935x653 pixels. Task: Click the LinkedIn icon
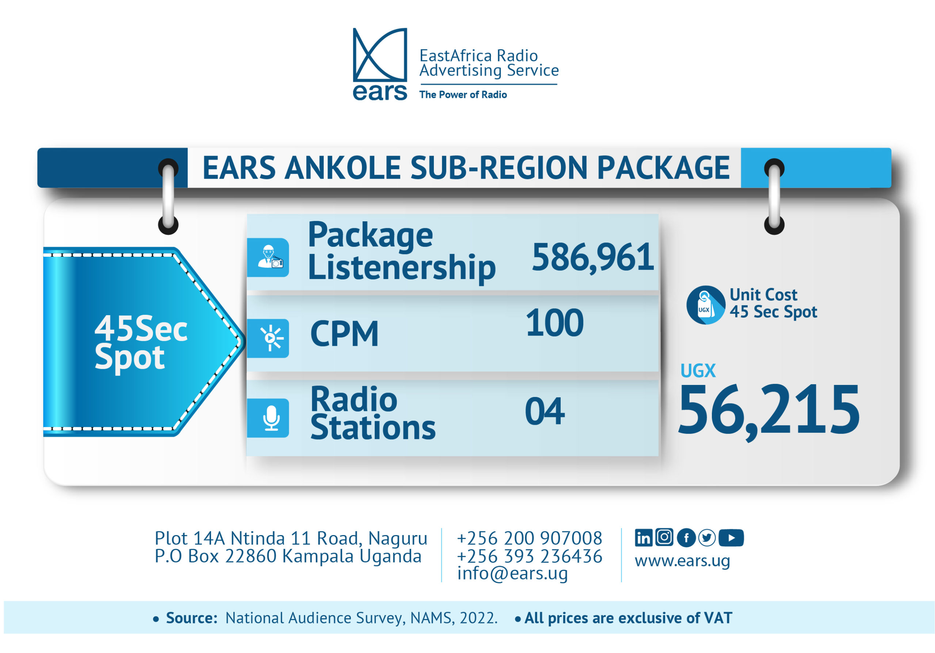[644, 538]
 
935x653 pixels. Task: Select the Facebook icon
[686, 538]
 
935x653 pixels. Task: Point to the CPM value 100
[555, 323]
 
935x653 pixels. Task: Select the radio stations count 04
[545, 412]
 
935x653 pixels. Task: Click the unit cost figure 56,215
[769, 411]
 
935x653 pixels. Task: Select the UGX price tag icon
[706, 305]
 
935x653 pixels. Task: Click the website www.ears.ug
[682, 561]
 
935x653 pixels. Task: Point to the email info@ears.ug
[512, 574]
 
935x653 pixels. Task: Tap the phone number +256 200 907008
[529, 538]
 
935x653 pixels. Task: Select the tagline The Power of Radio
[463, 95]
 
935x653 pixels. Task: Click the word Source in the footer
[192, 618]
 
